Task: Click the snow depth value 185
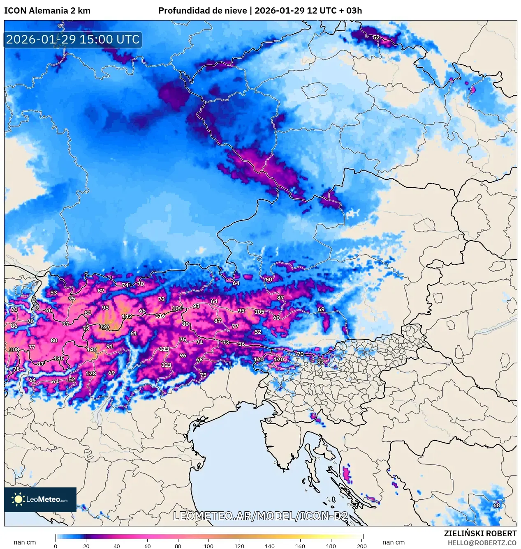(59, 358)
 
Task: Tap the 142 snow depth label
(127, 316)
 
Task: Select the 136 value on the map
(104, 326)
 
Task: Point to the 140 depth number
(91, 349)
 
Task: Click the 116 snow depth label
(160, 316)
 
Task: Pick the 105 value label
(259, 312)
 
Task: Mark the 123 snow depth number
(166, 365)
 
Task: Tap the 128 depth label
(91, 373)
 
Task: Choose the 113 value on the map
(164, 349)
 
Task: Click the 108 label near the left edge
(14, 349)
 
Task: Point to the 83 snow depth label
(320, 362)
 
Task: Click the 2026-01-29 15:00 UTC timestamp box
(73, 39)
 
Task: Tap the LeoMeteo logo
(40, 499)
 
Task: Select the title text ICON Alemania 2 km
(47, 11)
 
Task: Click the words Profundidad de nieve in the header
(202, 11)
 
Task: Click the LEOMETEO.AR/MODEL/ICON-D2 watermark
(260, 516)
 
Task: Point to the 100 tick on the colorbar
(208, 546)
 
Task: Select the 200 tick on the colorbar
(361, 546)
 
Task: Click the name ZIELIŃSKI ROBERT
(480, 533)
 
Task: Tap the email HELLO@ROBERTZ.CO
(482, 543)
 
